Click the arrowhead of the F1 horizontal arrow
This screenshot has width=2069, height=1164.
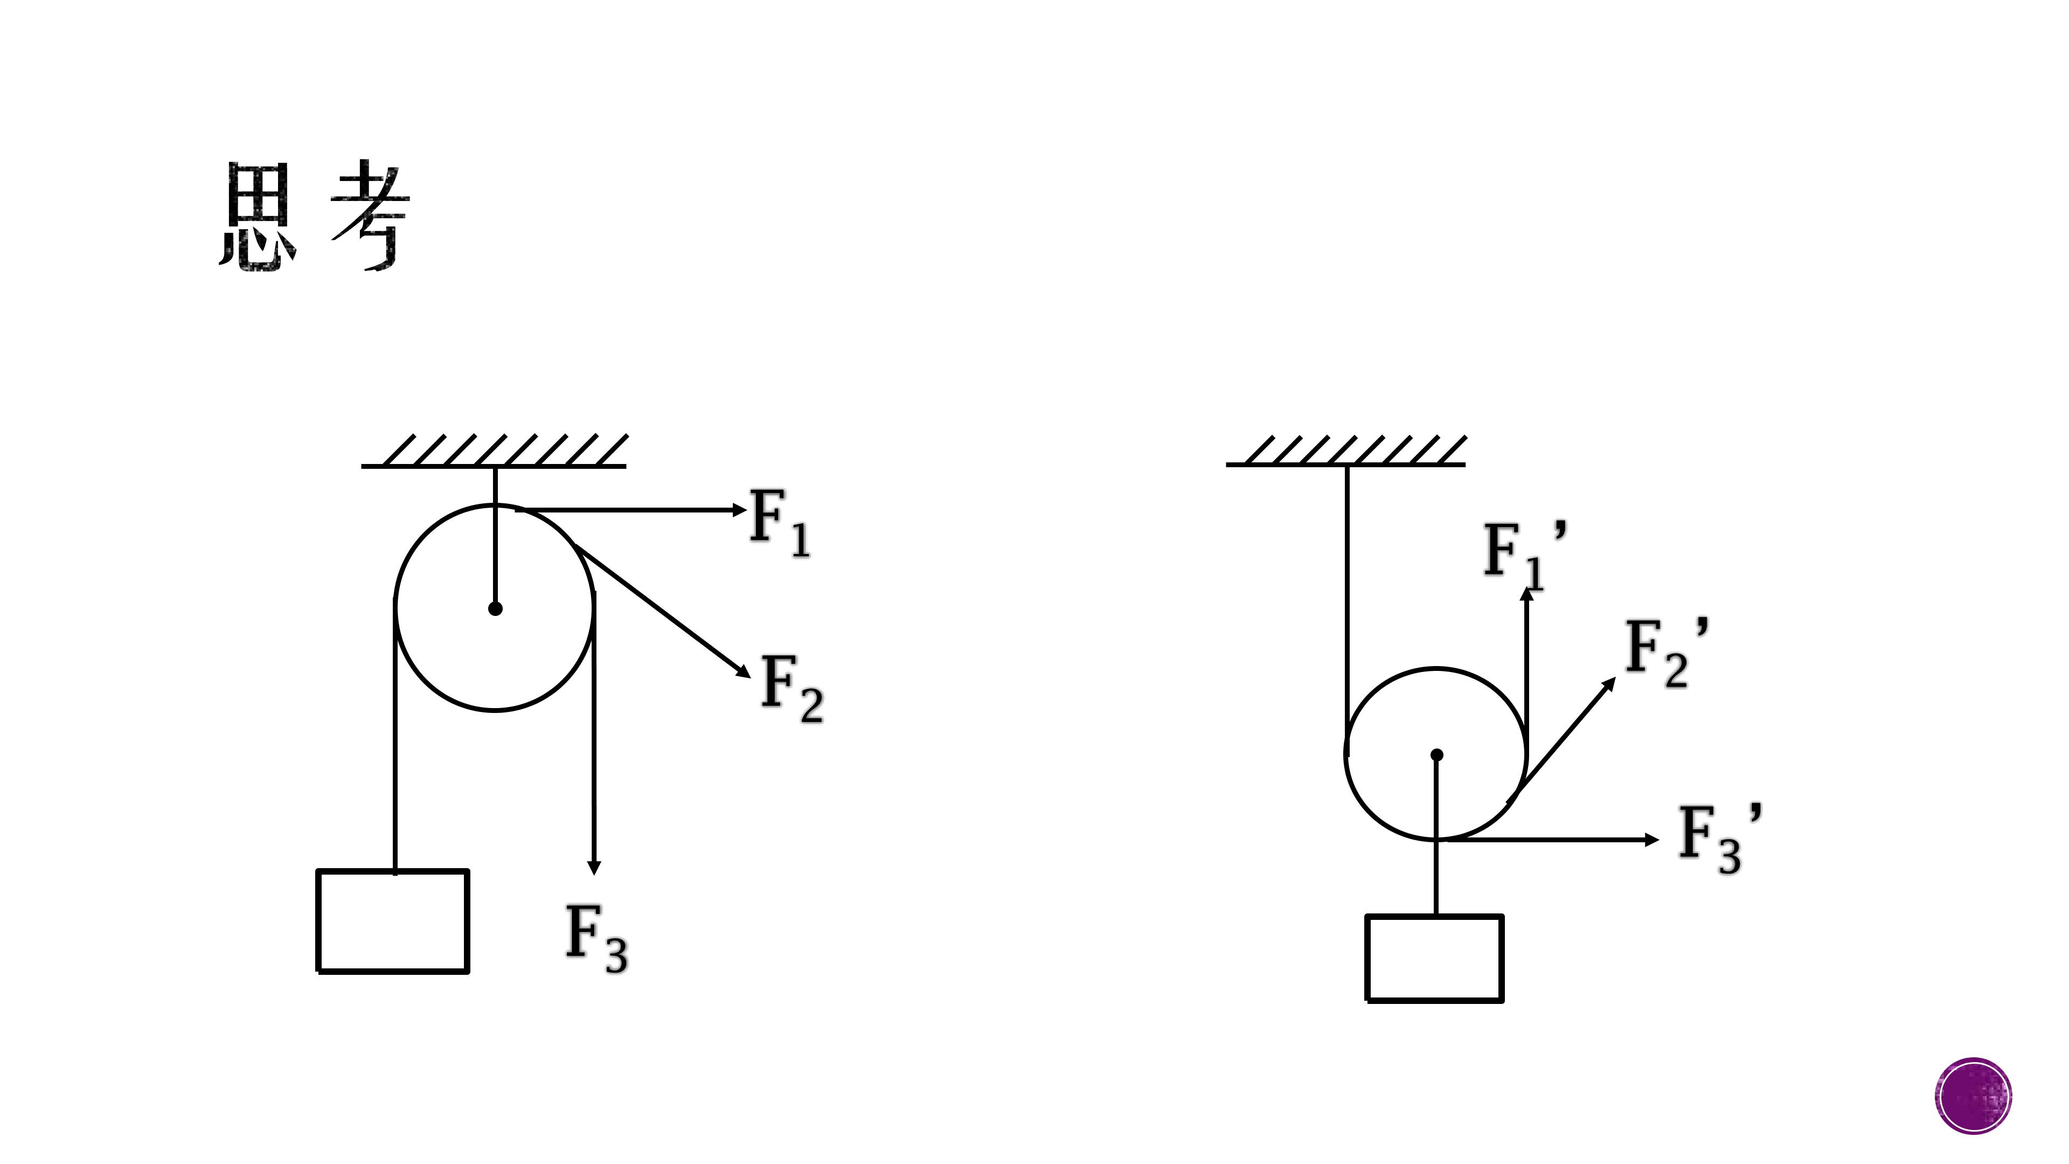(x=740, y=509)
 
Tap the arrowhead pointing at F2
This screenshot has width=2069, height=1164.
(x=743, y=671)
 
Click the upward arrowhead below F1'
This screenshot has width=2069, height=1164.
(x=1527, y=594)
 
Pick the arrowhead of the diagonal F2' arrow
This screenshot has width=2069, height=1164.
(x=1609, y=684)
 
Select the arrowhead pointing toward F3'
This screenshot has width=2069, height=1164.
(x=1652, y=840)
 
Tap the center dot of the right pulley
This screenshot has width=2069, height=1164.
(x=1437, y=754)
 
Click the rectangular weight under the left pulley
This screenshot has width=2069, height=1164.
(x=393, y=921)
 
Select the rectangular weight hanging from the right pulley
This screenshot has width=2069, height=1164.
(x=1434, y=958)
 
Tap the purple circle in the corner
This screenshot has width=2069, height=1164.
(x=1974, y=1096)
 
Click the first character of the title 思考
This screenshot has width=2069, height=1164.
(x=258, y=217)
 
